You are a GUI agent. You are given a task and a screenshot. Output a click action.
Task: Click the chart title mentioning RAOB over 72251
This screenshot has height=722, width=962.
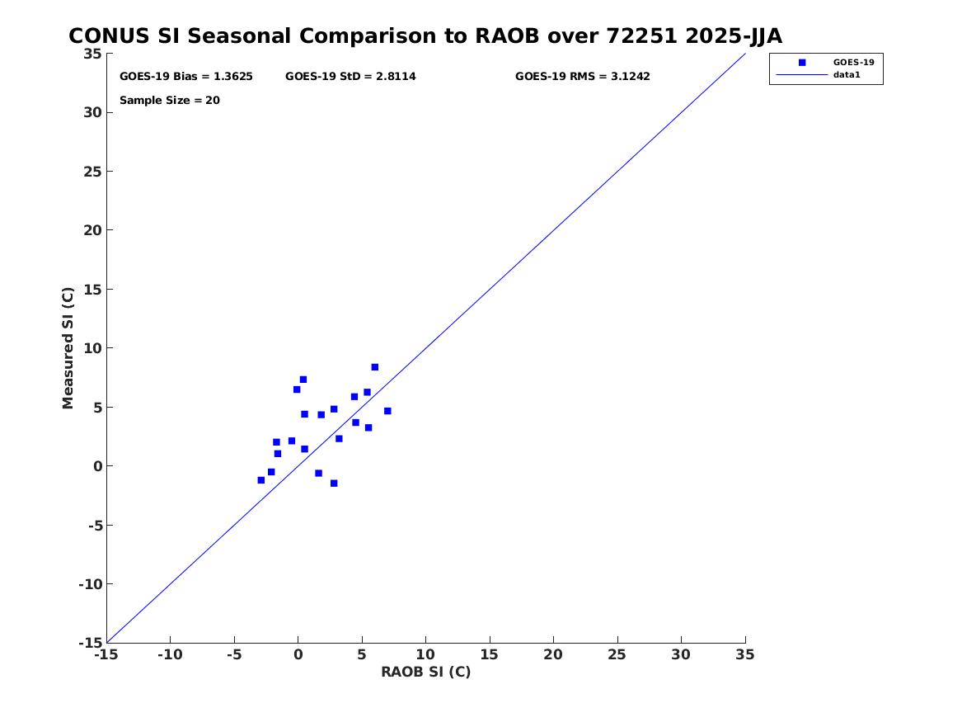click(x=425, y=36)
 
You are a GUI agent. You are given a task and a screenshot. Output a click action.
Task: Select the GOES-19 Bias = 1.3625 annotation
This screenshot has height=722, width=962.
click(x=186, y=77)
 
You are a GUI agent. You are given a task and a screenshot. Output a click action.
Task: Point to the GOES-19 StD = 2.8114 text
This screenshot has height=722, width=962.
click(x=350, y=77)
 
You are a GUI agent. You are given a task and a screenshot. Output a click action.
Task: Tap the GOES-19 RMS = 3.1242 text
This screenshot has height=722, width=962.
click(x=582, y=77)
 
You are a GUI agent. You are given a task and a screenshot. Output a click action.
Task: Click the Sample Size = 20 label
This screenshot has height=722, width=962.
click(x=169, y=100)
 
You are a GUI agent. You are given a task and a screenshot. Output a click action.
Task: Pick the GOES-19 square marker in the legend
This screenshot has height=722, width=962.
click(x=802, y=63)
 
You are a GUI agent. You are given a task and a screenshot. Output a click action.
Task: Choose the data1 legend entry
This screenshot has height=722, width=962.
click(x=847, y=75)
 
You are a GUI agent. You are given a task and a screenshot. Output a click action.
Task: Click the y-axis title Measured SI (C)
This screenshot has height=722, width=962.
click(x=68, y=348)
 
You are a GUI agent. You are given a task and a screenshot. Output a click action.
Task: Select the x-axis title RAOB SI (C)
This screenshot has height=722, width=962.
click(x=426, y=672)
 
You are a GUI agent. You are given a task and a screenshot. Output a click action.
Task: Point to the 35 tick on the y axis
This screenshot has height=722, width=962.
click(x=92, y=54)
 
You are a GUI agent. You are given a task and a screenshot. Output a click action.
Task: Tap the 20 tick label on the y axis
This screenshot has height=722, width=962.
click(x=92, y=230)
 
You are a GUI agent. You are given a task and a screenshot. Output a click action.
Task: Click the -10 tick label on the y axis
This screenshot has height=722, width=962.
click(x=90, y=584)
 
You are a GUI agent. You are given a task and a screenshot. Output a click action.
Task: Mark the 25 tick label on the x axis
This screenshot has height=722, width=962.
click(x=617, y=655)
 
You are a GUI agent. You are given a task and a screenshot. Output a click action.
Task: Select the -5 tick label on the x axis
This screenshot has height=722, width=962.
click(x=234, y=655)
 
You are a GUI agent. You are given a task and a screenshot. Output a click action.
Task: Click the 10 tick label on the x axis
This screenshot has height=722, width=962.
click(x=425, y=655)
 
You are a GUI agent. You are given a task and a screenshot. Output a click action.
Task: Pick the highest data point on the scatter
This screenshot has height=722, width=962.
click(x=375, y=367)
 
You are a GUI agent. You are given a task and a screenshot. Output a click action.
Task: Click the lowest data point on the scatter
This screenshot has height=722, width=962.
click(x=334, y=484)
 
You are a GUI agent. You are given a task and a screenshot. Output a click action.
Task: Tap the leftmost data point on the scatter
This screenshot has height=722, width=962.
click(x=260, y=480)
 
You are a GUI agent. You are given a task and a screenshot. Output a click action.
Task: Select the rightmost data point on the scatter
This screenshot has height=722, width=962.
click(x=387, y=411)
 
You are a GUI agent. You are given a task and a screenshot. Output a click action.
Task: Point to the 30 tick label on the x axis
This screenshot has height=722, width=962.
click(x=680, y=655)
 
